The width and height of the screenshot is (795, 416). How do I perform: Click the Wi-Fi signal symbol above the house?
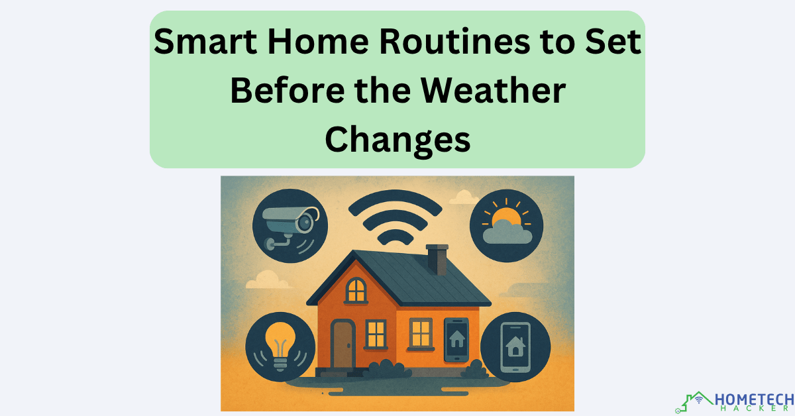pos(396,219)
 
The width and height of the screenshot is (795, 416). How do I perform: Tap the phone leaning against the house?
pos(456,340)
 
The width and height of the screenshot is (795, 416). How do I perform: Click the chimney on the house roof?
pos(437,258)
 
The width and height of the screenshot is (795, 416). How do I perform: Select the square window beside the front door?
pos(376,333)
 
